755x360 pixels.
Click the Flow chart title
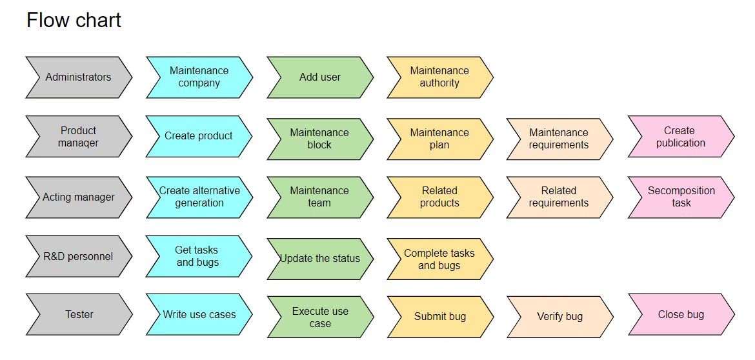point(74,20)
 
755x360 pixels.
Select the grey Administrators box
point(79,77)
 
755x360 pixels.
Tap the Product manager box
point(79,137)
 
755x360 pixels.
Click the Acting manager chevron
point(79,197)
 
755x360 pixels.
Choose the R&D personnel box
point(79,257)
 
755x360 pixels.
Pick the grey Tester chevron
point(79,315)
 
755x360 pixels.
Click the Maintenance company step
point(199,77)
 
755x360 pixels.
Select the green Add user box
point(320,77)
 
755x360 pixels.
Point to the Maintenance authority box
point(439,77)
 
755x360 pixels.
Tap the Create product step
point(199,136)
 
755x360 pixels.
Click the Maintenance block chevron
point(320,139)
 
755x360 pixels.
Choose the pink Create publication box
point(681,137)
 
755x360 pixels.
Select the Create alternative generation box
point(199,197)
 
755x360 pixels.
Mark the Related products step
point(439,197)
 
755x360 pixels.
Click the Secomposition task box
point(681,197)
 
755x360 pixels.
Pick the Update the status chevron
point(320,259)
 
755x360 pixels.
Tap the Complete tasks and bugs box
point(439,259)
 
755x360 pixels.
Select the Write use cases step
point(199,315)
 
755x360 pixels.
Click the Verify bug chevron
point(559,317)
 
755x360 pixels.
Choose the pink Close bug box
point(681,315)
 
